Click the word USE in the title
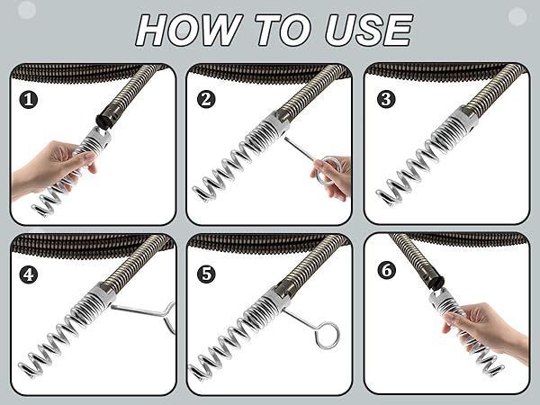tap(368, 30)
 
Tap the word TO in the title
tap(283, 30)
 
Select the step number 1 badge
tap(28, 100)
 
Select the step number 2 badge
tap(206, 99)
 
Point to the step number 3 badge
tap(386, 99)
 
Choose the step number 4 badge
tap(28, 274)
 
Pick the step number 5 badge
tap(206, 274)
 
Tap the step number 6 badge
tap(386, 270)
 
